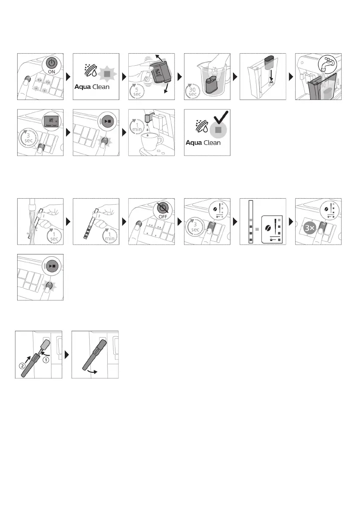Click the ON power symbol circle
point(52,66)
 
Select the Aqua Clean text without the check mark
point(92,86)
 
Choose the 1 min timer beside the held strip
point(109,234)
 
